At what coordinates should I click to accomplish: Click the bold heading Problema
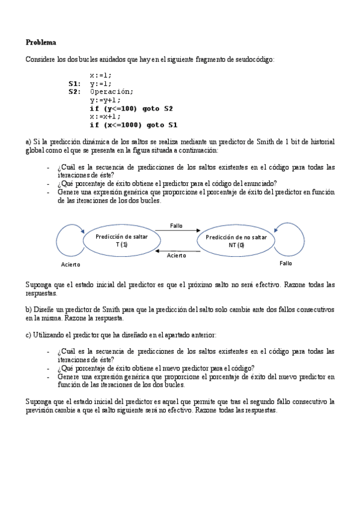pyautogui.click(x=41, y=43)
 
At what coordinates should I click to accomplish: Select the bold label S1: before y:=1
pyautogui.click(x=75, y=84)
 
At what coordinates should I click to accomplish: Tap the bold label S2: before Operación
pyautogui.click(x=75, y=92)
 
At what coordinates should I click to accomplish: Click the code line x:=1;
pyautogui.click(x=100, y=75)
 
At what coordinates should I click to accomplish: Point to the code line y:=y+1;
pyautogui.click(x=105, y=100)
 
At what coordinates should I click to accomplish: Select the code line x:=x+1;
pyautogui.click(x=105, y=117)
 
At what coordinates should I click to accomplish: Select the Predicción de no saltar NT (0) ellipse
pyautogui.click(x=236, y=241)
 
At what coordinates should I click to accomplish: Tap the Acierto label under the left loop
pyautogui.click(x=70, y=265)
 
